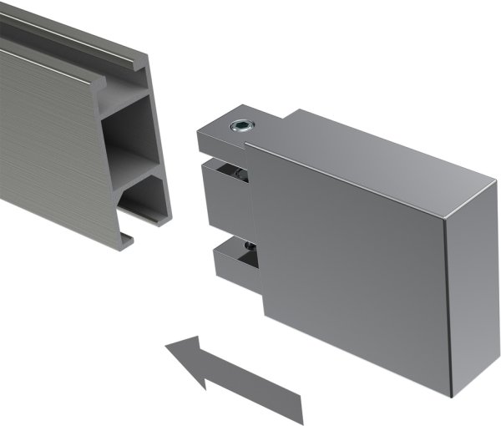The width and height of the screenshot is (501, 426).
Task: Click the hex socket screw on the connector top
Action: [241, 126]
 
